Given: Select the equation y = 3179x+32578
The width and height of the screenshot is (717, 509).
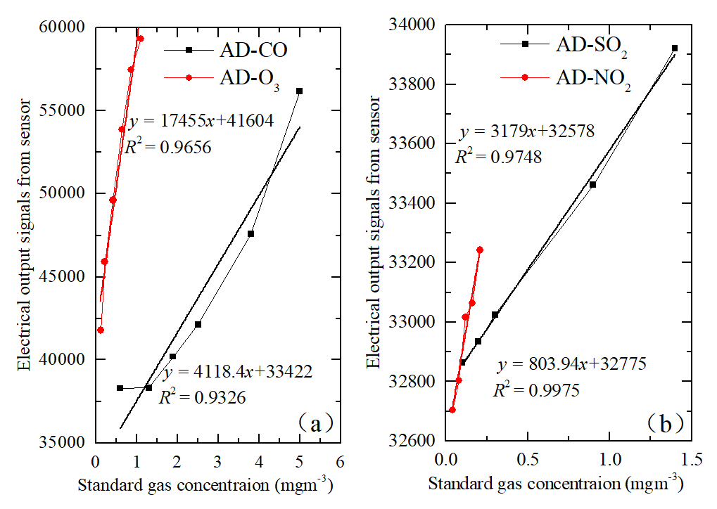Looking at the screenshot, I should (x=528, y=131).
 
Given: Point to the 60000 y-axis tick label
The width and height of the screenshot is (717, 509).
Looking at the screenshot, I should (x=66, y=27).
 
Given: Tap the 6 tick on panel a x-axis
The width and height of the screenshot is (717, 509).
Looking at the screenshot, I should (x=340, y=461).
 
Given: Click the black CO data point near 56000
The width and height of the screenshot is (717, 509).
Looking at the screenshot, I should (x=299, y=91).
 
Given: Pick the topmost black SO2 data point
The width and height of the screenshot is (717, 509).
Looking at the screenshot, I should (x=674, y=49).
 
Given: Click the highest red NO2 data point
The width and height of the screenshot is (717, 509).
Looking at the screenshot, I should (x=480, y=250).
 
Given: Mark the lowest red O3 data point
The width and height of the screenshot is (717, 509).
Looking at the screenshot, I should (x=101, y=330).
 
